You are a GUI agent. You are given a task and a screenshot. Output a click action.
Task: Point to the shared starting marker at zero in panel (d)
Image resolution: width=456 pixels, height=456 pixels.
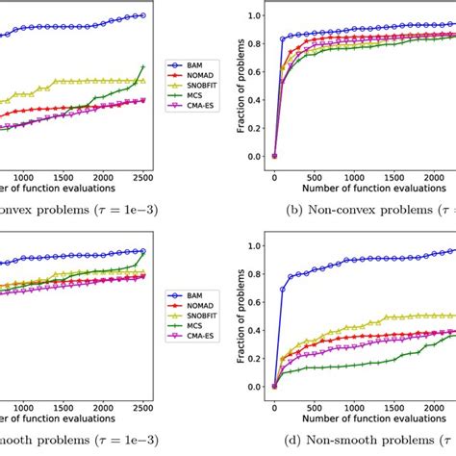pos(274,387)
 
